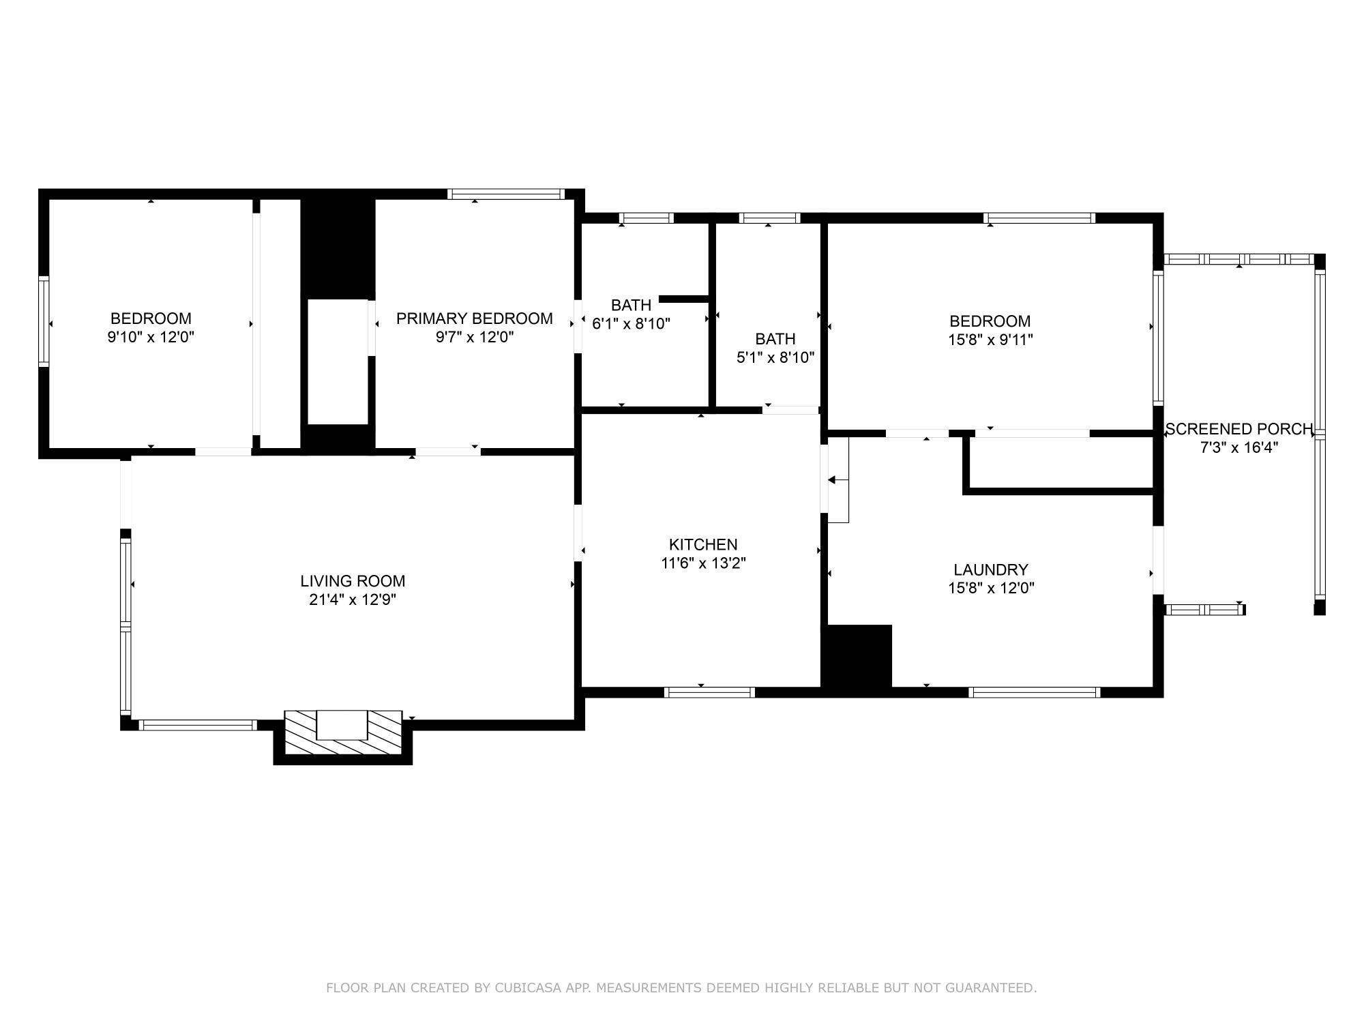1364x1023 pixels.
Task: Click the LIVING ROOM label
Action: [353, 581]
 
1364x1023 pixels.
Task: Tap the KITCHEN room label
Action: [703, 544]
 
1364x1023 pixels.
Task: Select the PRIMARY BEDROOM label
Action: [475, 318]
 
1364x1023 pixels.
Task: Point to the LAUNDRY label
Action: [991, 569]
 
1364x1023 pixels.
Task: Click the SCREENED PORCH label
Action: [1239, 429]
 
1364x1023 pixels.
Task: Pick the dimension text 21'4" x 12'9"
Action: [353, 599]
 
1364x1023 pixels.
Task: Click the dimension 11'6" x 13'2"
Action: [703, 563]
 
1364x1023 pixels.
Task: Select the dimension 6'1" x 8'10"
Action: [631, 323]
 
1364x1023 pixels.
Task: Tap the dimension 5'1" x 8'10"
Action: [775, 357]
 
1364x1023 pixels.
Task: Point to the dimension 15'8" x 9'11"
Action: [990, 340]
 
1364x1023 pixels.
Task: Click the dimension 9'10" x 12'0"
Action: [151, 337]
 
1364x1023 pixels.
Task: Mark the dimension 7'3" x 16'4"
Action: [1239, 447]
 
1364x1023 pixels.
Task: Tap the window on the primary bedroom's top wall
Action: [506, 194]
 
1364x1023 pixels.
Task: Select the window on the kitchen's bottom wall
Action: [709, 692]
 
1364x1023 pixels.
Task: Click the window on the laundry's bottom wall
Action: [1035, 692]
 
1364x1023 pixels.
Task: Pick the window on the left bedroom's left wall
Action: [44, 321]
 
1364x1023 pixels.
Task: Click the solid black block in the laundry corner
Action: [857, 656]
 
